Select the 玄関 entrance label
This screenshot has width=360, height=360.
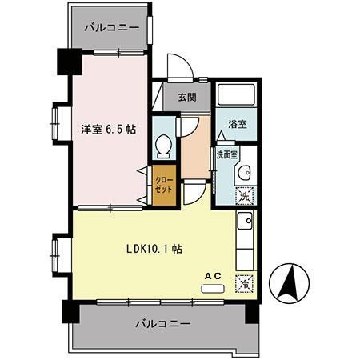(186, 98)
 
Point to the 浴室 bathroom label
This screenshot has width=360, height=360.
(237, 125)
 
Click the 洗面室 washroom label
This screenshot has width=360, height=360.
(225, 154)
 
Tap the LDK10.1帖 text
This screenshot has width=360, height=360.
(154, 249)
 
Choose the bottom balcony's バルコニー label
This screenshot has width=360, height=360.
(162, 325)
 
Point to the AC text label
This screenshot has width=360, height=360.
(214, 276)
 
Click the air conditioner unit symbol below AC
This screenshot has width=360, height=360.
(214, 286)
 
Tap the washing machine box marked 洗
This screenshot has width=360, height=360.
(246, 194)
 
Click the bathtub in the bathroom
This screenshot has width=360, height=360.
(237, 98)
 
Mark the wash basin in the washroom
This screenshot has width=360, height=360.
(246, 171)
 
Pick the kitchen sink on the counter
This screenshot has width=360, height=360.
(246, 221)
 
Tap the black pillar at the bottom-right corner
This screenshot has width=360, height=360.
(254, 310)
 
